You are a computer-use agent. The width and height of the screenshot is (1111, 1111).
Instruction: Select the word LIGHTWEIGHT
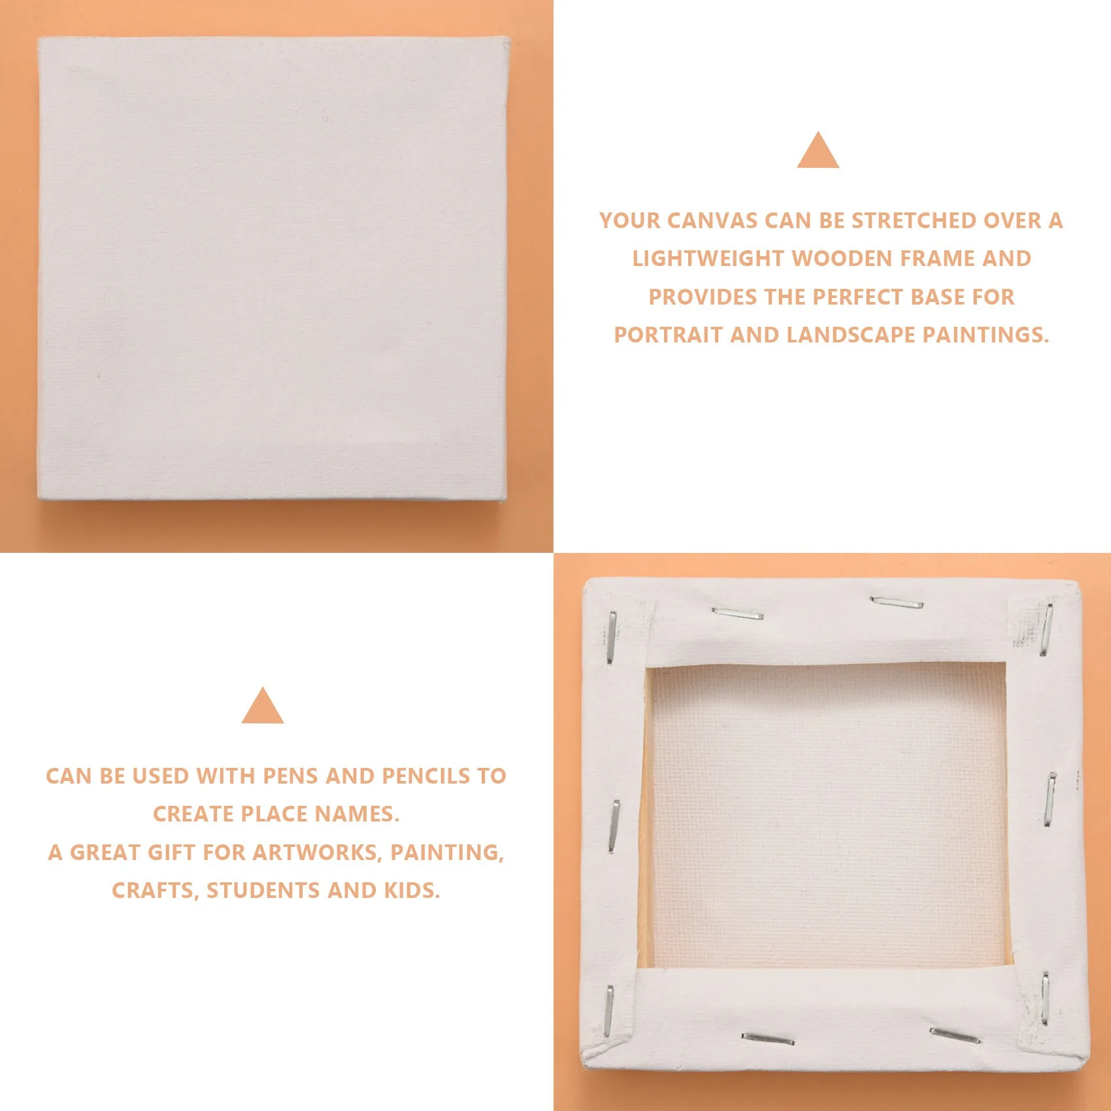click(x=708, y=259)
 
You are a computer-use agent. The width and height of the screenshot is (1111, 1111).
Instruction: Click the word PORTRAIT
click(x=669, y=335)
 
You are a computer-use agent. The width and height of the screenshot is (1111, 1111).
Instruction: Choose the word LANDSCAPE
click(x=851, y=335)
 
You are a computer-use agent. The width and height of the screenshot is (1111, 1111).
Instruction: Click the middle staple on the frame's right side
click(x=1050, y=799)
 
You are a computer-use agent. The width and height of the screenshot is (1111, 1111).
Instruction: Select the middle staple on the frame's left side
click(x=615, y=826)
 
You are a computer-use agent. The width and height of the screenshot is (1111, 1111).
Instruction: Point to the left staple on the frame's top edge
click(x=737, y=614)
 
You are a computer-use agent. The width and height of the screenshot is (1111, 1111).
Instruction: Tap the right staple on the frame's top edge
click(x=896, y=602)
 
